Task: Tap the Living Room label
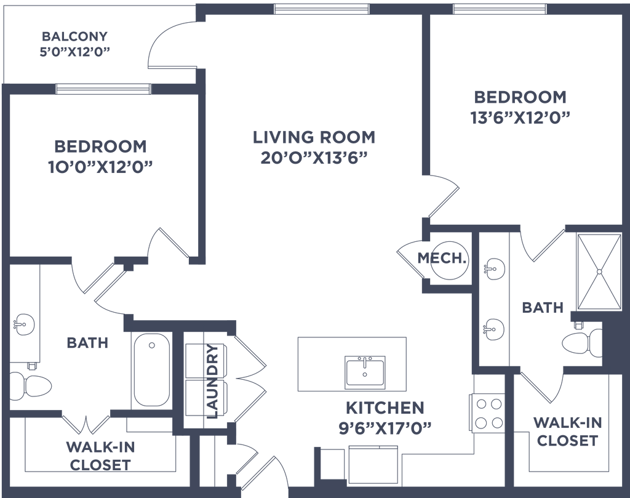pos(314,137)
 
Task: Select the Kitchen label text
pos(385,407)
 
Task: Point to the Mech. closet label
pos(440,259)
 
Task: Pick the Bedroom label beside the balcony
pos(101,147)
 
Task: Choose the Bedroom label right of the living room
pos(520,97)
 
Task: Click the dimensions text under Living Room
pos(314,158)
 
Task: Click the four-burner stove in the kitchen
pos(487,412)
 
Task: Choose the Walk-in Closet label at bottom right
pos(567,431)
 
